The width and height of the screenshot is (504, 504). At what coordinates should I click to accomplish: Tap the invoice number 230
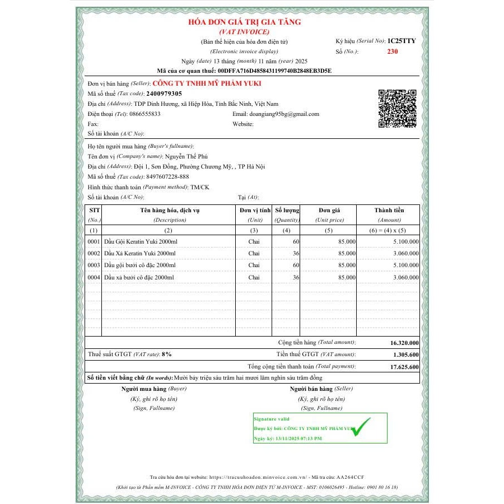[392, 51]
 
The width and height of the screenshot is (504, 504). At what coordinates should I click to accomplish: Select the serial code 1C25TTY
[402, 41]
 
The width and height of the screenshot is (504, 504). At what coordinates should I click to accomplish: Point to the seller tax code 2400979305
[164, 94]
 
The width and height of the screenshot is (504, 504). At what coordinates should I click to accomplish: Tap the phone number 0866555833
[145, 114]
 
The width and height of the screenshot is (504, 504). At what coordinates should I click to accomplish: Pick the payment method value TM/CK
[199, 187]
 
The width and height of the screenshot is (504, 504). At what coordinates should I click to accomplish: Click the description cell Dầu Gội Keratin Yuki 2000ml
[141, 241]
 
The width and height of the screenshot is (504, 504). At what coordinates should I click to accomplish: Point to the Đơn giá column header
[329, 210]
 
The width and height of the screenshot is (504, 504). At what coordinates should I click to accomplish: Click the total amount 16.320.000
[404, 343]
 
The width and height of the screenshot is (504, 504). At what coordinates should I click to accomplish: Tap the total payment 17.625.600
[405, 367]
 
